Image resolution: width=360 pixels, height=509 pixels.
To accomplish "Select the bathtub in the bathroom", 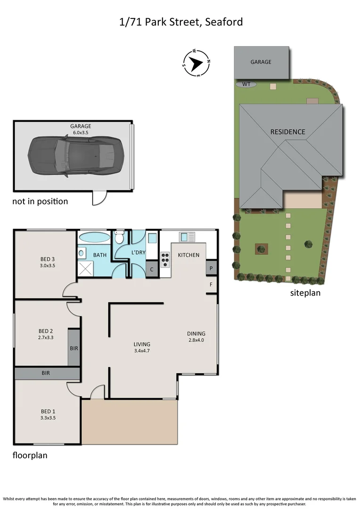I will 93,237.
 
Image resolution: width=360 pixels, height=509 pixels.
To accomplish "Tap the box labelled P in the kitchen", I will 211,268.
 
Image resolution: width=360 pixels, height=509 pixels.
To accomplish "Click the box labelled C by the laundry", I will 152,270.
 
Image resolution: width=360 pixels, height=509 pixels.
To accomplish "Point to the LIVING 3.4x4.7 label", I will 142,347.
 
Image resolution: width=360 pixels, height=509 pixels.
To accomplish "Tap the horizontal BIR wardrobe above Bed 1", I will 46,373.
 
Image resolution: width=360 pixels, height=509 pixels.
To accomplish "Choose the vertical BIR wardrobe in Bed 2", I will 74,348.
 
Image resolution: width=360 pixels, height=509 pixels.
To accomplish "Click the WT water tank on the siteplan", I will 246,84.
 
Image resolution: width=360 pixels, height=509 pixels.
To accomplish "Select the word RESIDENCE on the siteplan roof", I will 287,132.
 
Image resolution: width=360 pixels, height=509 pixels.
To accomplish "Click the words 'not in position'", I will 40,202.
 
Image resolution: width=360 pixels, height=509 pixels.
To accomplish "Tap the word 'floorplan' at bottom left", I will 30,456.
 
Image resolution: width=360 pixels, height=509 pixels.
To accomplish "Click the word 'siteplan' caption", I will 305,293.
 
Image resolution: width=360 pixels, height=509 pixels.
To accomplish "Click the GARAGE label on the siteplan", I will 261,62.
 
